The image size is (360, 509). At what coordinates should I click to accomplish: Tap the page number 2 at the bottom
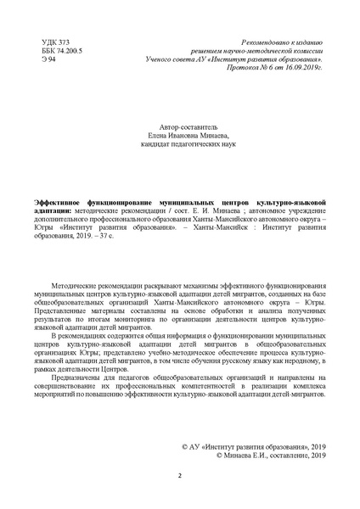179,476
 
